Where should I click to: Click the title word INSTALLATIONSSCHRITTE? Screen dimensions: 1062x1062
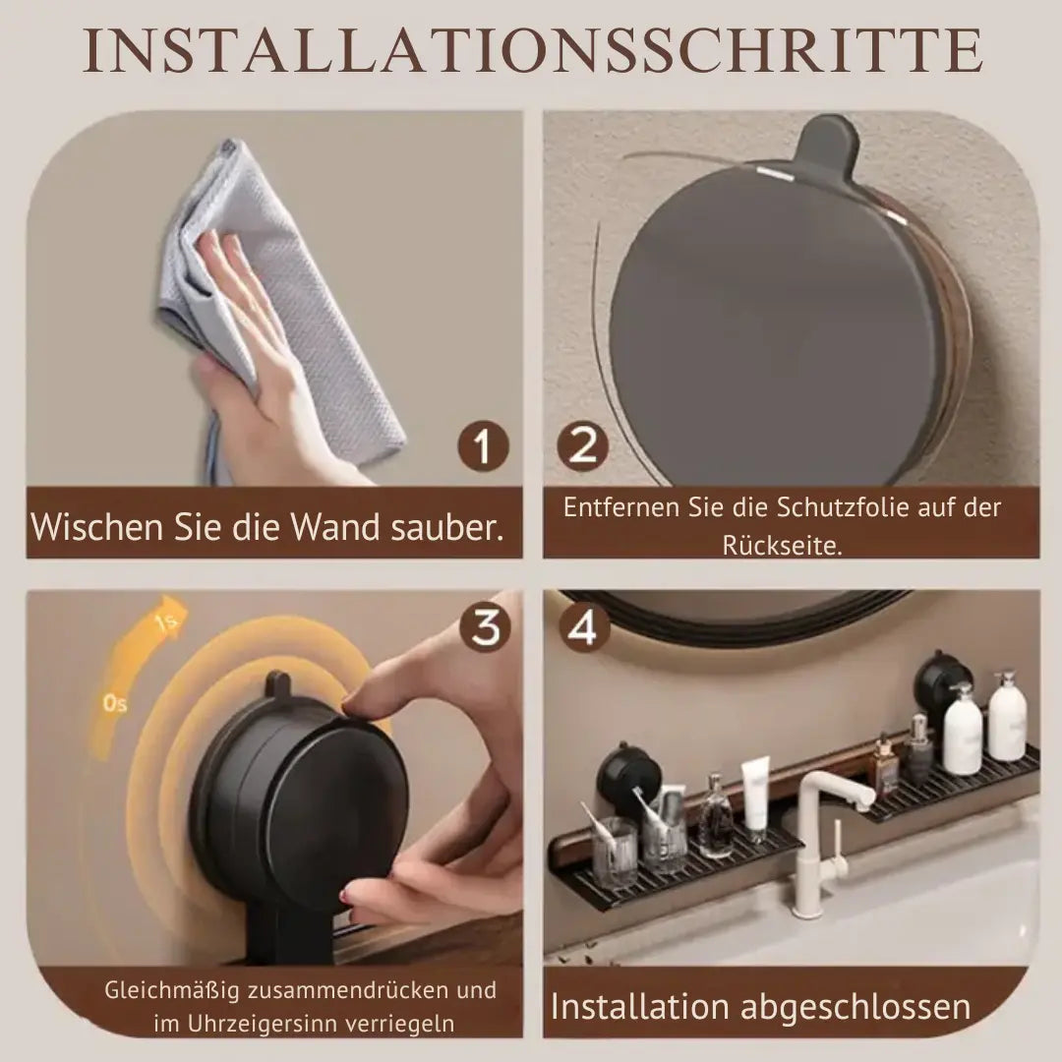click(531, 51)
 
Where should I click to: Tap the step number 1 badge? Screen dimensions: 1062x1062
click(482, 448)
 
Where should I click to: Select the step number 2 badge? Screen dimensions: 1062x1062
click(583, 448)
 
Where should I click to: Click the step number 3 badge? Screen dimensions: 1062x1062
click(485, 627)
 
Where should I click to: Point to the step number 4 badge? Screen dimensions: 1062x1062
click(583, 627)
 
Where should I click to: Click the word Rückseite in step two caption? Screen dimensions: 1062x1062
click(782, 546)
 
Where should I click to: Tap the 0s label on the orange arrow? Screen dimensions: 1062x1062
click(115, 704)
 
